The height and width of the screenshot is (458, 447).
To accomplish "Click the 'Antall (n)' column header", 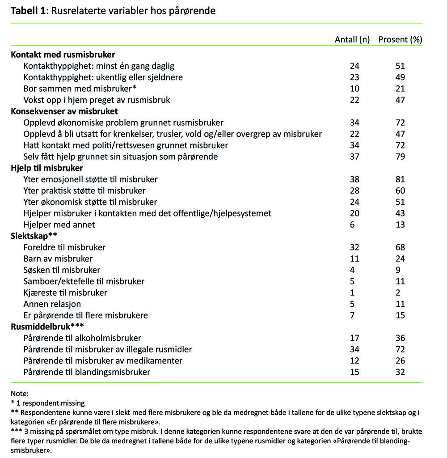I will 352,39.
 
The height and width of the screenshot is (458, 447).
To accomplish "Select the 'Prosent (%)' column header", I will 400,39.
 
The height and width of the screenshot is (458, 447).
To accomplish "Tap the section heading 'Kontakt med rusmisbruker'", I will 63,55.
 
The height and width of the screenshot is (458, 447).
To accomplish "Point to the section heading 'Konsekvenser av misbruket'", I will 64,111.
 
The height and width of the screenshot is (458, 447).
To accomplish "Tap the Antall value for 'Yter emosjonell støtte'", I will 355,179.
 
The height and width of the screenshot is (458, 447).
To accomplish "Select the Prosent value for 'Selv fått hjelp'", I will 400,157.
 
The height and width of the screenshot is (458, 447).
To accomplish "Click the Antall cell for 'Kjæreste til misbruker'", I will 353,293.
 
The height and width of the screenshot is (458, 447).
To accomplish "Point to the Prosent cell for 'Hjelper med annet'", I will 400,225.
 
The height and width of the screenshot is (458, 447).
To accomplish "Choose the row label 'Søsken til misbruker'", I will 62,270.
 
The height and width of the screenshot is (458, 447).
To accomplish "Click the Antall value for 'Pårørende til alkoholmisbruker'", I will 355,338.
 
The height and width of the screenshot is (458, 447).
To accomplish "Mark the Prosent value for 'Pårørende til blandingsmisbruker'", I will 400,372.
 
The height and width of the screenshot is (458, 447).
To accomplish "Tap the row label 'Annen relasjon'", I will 52,304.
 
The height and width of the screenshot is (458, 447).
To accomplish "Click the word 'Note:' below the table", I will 20,394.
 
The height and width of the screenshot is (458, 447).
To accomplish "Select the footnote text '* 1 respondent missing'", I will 48,403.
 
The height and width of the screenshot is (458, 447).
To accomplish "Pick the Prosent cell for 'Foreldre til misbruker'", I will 400,247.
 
